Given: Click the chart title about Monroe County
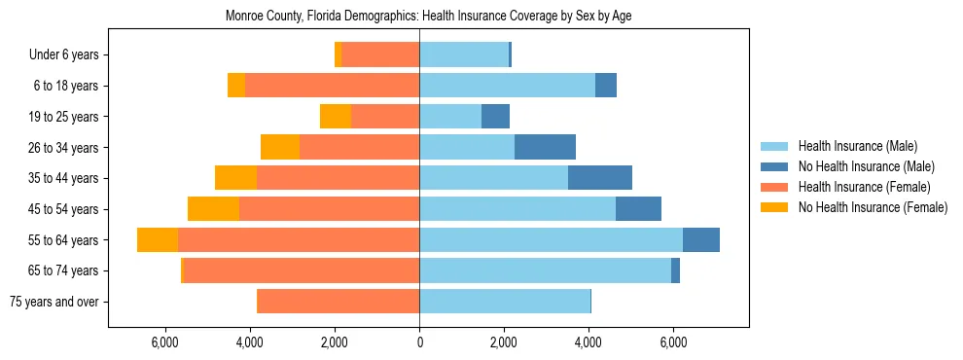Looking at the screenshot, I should coord(429,17).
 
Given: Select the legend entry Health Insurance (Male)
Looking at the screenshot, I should coord(857,146).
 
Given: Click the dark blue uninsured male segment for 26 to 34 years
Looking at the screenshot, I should coord(545,147).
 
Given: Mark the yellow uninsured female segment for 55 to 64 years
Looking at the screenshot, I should coord(158,239).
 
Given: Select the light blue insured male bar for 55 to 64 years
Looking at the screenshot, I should coord(551,239).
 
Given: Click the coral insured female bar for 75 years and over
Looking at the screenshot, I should coord(338,302).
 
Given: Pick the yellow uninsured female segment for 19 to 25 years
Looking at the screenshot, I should coord(336,117).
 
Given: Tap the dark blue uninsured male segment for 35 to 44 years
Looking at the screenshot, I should coord(600,178).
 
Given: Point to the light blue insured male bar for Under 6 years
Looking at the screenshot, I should coord(464,54).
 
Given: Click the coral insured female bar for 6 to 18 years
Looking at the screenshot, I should coord(332,86).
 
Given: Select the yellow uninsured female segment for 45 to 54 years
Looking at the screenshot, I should coord(213,209).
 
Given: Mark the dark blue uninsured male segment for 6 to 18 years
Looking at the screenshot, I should coord(606,86).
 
